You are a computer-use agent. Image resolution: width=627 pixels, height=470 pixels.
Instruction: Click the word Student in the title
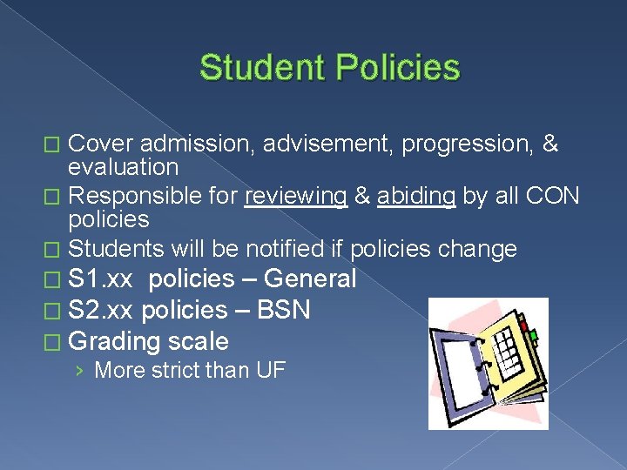pos(260,68)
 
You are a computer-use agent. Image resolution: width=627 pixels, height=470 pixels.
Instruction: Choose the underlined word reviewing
pos(295,197)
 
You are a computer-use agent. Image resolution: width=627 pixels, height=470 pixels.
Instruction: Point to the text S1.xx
pos(101,279)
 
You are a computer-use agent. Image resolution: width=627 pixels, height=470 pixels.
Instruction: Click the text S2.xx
pos(101,310)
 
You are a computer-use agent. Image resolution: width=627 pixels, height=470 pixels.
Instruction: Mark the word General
pos(310,279)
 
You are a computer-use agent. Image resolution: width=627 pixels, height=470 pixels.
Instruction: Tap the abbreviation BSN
pos(283,310)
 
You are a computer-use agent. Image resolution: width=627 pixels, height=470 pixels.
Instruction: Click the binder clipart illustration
pos(488,364)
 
